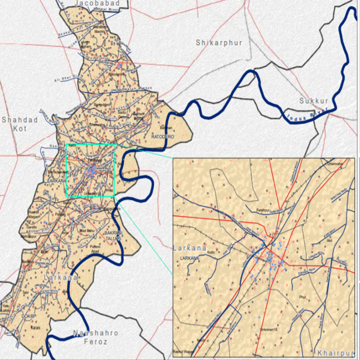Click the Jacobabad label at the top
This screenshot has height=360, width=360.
coord(97,4)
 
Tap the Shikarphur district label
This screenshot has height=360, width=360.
coord(219,42)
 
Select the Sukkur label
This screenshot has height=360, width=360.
coord(313,101)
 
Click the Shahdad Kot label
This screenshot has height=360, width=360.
coord(19,124)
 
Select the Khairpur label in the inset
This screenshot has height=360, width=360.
coord(335,352)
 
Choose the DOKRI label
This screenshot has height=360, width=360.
coord(28,317)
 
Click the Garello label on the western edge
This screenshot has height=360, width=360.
coord(30,227)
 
